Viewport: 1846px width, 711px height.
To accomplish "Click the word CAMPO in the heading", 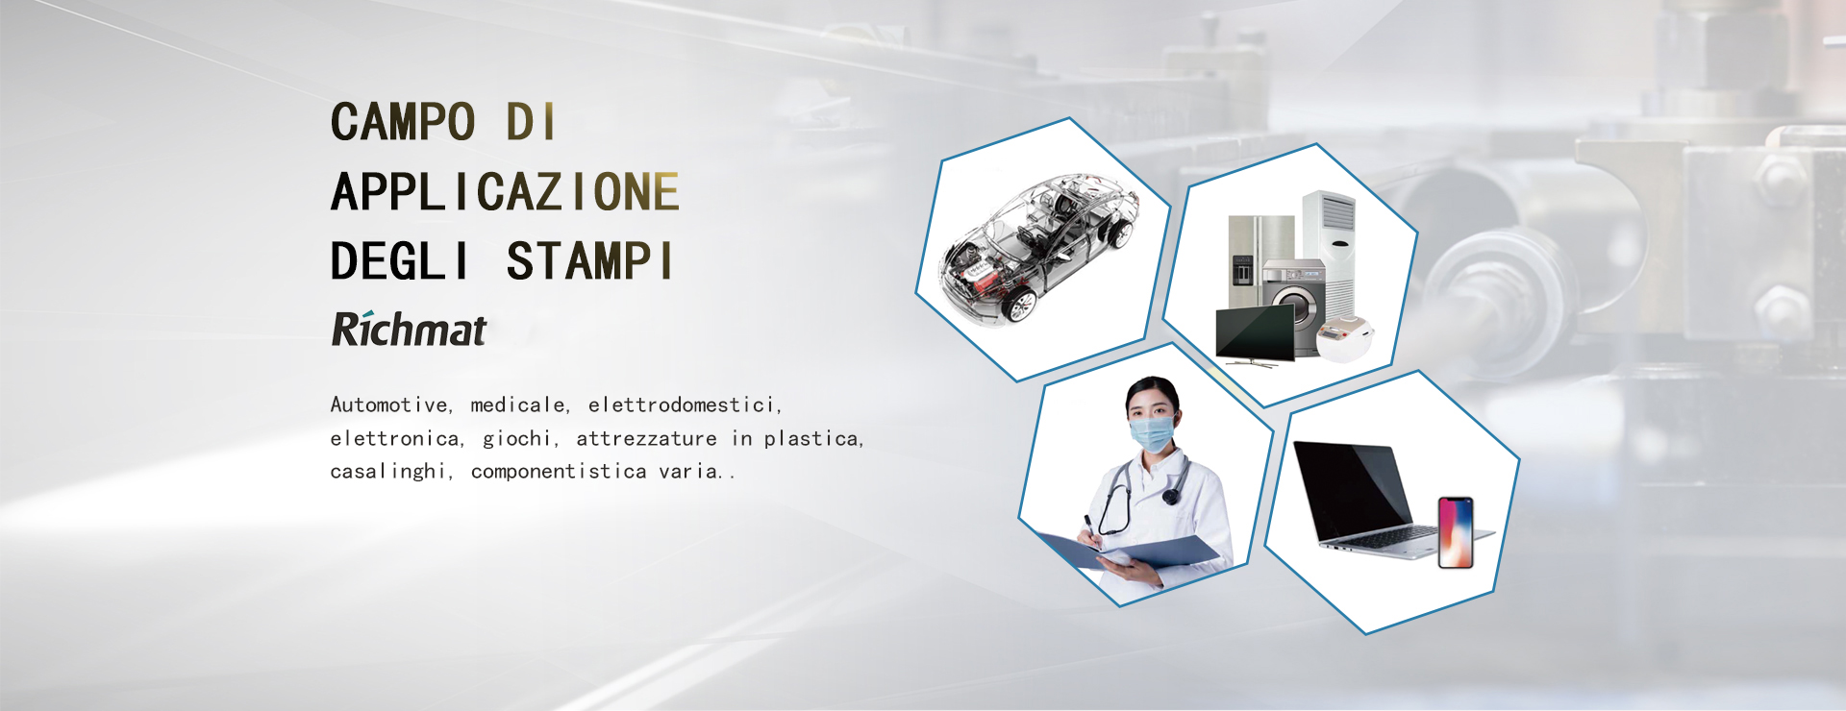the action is pyautogui.click(x=403, y=122).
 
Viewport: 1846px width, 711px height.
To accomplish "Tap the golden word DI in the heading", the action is pyautogui.click(x=531, y=122).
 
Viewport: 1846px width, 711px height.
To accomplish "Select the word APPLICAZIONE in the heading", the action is pyautogui.click(x=505, y=192).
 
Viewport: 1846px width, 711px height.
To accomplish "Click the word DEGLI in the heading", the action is pyautogui.click(x=400, y=261).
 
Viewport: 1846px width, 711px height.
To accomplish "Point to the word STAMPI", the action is pyautogui.click(x=589, y=261).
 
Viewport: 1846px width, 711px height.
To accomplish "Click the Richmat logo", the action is pyautogui.click(x=409, y=329).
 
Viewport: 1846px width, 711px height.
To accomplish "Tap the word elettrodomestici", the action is pyautogui.click(x=685, y=405).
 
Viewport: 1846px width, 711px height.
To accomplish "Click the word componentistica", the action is pyautogui.click(x=559, y=471).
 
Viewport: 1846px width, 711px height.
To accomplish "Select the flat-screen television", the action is pyautogui.click(x=1255, y=335).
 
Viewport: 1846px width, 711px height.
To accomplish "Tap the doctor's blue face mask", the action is pyautogui.click(x=1153, y=432).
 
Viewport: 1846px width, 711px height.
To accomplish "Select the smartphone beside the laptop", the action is pyautogui.click(x=1456, y=532).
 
